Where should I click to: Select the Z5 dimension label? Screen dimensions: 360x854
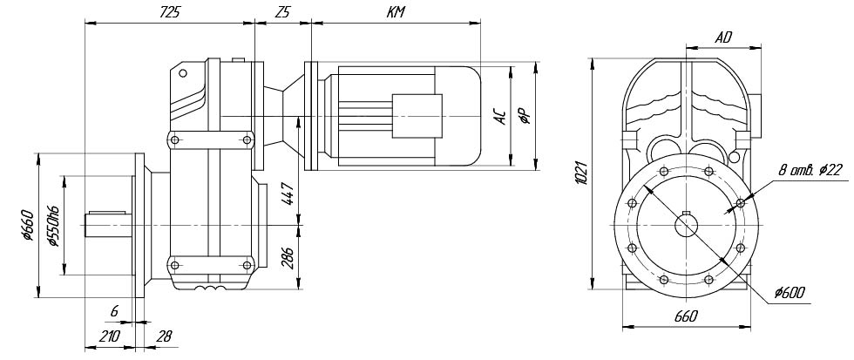click(x=281, y=12)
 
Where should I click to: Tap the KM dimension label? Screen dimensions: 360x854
click(x=394, y=12)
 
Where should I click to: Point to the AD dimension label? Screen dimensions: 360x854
click(x=722, y=37)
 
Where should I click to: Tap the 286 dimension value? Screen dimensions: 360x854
click(x=288, y=260)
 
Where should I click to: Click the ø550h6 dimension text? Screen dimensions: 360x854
click(x=53, y=227)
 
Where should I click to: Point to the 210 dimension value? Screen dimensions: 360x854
click(x=110, y=335)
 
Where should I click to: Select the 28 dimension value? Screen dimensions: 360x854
click(x=162, y=335)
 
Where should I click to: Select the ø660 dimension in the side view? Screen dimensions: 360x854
click(x=28, y=226)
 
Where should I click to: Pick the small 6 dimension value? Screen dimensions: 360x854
click(x=114, y=311)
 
